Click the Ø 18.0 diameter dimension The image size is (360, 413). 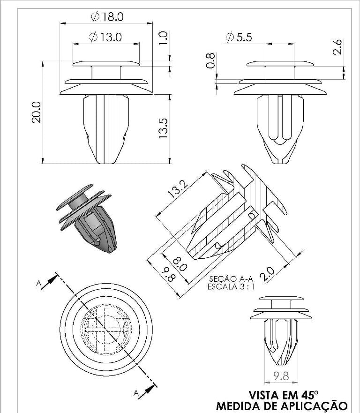point(107,16)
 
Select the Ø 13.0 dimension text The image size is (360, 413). point(105,37)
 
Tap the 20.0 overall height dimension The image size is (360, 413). point(37,112)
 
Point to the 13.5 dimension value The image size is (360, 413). point(163,128)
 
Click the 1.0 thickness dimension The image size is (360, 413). point(163,38)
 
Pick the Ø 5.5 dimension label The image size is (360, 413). point(239,37)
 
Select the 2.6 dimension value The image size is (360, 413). point(337,47)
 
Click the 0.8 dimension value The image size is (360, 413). point(210,60)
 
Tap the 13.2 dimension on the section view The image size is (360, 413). point(178,189)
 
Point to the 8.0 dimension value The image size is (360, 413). point(180,263)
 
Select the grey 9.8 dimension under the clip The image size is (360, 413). point(281,376)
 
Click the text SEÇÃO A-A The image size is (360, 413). point(231,278)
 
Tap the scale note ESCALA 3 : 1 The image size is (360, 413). point(231,286)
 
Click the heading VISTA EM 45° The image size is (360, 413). point(284,395)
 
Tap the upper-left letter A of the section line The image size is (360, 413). point(39,284)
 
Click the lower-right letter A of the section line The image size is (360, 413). point(136,393)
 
